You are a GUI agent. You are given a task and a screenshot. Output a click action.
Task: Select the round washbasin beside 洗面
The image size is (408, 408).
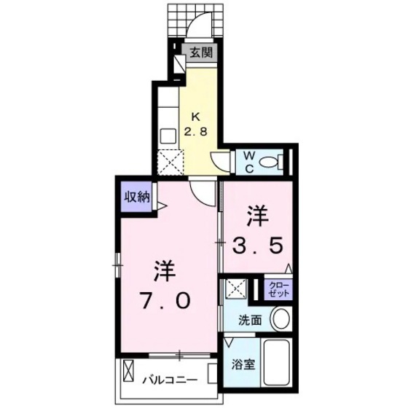(x=280, y=319)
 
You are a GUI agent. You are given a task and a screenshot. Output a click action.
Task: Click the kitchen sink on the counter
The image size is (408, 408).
(x=165, y=136)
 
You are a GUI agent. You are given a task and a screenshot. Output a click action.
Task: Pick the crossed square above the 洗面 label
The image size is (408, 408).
(x=235, y=289)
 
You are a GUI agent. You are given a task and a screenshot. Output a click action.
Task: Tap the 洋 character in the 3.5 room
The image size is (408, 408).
(x=258, y=215)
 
